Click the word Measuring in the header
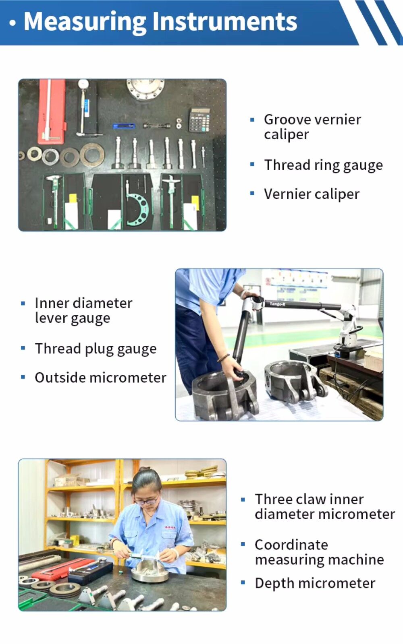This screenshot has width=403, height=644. [x=85, y=22]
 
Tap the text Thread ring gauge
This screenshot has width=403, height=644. [x=323, y=165]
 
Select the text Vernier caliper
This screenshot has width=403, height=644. [x=312, y=194]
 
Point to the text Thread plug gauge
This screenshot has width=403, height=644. [x=96, y=349]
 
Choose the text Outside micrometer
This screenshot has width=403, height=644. [x=100, y=378]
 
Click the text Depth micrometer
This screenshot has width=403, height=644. [x=315, y=583]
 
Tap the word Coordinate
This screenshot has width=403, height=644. [x=291, y=545]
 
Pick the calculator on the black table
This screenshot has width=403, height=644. [x=199, y=120]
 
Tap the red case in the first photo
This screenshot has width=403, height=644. [x=52, y=111]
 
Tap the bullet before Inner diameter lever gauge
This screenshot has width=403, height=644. [x=23, y=303]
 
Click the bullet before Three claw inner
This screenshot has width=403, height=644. [x=243, y=500]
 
